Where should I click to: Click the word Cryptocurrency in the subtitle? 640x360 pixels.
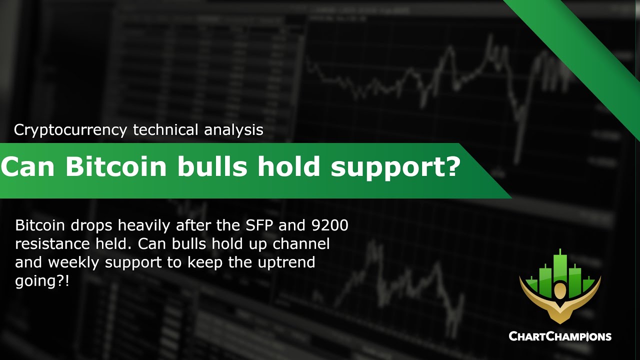pos(70,130)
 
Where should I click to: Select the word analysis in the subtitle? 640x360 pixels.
pos(233,130)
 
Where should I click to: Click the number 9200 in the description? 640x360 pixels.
pos(328,225)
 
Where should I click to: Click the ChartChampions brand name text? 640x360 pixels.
pos(559,336)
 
